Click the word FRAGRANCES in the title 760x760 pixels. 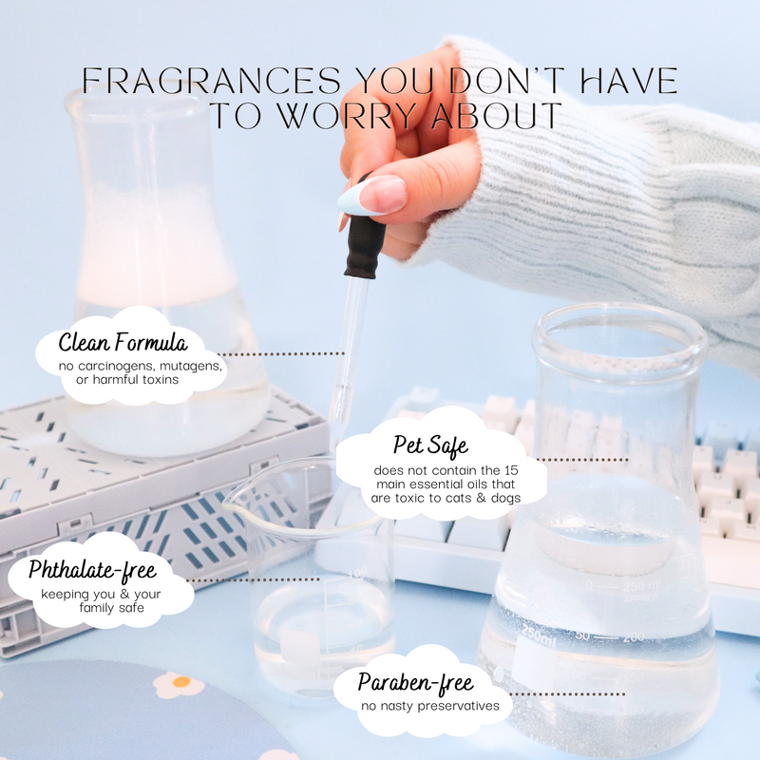tap(211, 80)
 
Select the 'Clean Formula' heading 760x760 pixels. tap(123, 342)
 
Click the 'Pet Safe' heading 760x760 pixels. tap(430, 446)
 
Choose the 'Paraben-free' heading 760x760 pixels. tap(415, 683)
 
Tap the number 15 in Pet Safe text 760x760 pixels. tap(510, 470)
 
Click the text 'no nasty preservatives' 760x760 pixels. tap(430, 706)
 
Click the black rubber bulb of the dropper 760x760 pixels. tap(365, 246)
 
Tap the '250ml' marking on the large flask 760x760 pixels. tap(539, 635)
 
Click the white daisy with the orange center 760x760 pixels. tap(179, 684)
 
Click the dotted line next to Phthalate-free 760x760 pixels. tap(253, 579)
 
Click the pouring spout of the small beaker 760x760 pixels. tap(231, 503)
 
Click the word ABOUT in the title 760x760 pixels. tap(496, 115)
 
